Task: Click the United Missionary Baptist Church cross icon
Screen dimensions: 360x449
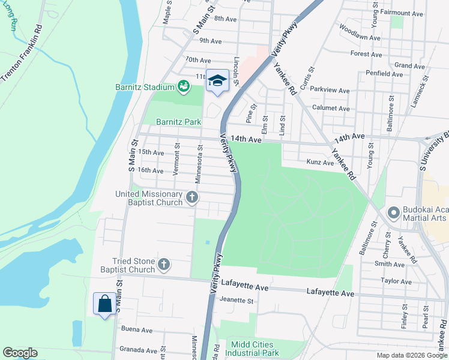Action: pyautogui.click(x=191, y=197)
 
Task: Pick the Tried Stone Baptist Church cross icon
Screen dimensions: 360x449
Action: pyautogui.click(x=164, y=264)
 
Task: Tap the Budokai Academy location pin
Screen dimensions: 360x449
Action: pyautogui.click(x=394, y=213)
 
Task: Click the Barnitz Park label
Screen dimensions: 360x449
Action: pyautogui.click(x=178, y=122)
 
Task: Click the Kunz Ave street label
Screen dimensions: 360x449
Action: pyautogui.click(x=319, y=162)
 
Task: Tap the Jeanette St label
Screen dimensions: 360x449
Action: pyautogui.click(x=237, y=300)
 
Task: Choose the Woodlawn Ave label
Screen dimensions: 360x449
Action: pyautogui.click(x=360, y=32)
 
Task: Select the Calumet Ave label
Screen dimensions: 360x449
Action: pyautogui.click(x=331, y=109)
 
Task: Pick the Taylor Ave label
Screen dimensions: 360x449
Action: pyautogui.click(x=396, y=281)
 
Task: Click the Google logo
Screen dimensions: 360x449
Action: pyautogui.click(x=20, y=353)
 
